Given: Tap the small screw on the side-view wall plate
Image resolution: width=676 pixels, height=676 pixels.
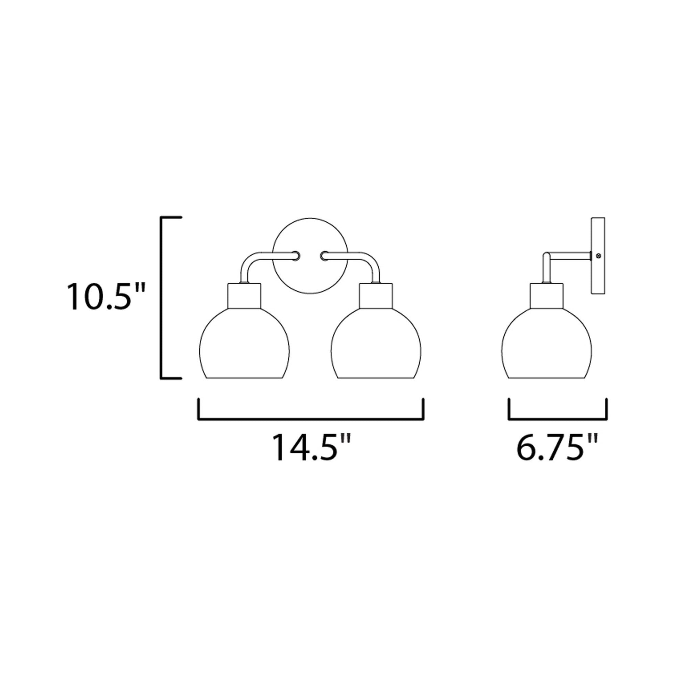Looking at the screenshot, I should pos(598,256).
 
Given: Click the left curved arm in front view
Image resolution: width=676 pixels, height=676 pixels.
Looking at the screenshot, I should pos(255,259).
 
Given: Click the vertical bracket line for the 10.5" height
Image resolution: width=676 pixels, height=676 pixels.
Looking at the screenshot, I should pos(161,297).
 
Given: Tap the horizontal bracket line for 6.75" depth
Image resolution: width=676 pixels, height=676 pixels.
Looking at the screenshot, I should pos(558,419).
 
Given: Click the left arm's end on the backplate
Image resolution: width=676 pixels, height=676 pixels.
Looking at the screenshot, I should pos(296,256).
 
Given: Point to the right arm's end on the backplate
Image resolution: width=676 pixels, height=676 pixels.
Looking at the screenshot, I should pos(324,256).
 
